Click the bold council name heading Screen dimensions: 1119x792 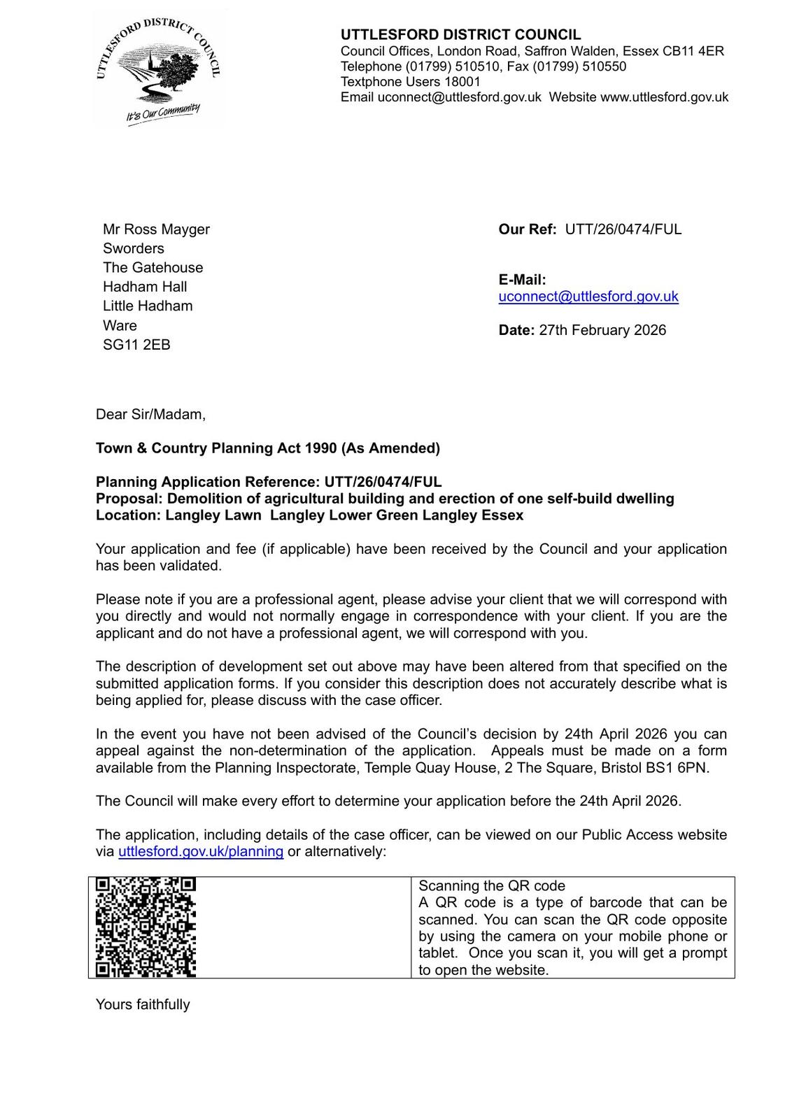click(x=460, y=35)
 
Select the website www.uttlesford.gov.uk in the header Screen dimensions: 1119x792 click(x=664, y=97)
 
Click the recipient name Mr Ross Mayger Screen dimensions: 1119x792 click(x=156, y=229)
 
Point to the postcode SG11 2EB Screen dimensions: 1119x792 click(x=136, y=345)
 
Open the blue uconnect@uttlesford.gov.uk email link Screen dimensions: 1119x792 click(x=588, y=297)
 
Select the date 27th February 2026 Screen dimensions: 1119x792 click(x=602, y=330)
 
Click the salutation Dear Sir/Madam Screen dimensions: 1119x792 click(x=150, y=415)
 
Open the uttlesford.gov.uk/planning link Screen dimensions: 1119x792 click(x=201, y=852)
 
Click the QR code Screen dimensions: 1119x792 click(x=146, y=927)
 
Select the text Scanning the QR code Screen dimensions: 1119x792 click(x=491, y=886)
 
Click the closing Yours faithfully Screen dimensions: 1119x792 click(x=143, y=1004)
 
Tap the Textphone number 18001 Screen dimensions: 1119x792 click(x=462, y=82)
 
